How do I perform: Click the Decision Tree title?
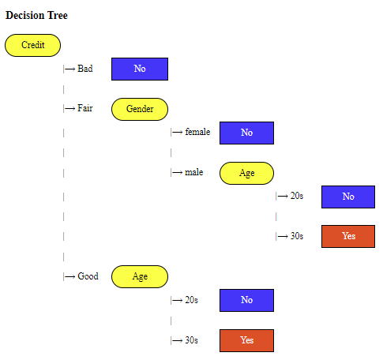point(36,15)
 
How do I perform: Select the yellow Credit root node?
point(32,45)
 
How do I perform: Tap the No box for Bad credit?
point(140,69)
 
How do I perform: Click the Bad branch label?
point(85,69)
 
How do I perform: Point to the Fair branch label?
point(85,108)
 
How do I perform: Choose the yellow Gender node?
point(140,109)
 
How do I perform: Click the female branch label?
point(197,132)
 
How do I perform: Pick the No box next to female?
point(246,133)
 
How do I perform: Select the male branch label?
point(194,172)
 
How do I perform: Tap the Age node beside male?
point(246,173)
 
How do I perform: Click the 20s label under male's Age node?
point(297,196)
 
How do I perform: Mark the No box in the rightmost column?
point(348,197)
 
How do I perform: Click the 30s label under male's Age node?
point(297,236)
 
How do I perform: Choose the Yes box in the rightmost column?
point(348,236)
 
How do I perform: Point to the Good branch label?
point(88,276)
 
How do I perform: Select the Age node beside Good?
point(140,276)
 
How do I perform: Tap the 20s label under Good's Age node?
point(191,300)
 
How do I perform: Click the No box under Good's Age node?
point(246,300)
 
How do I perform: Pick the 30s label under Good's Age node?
point(191,340)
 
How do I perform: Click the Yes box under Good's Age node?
point(246,340)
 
